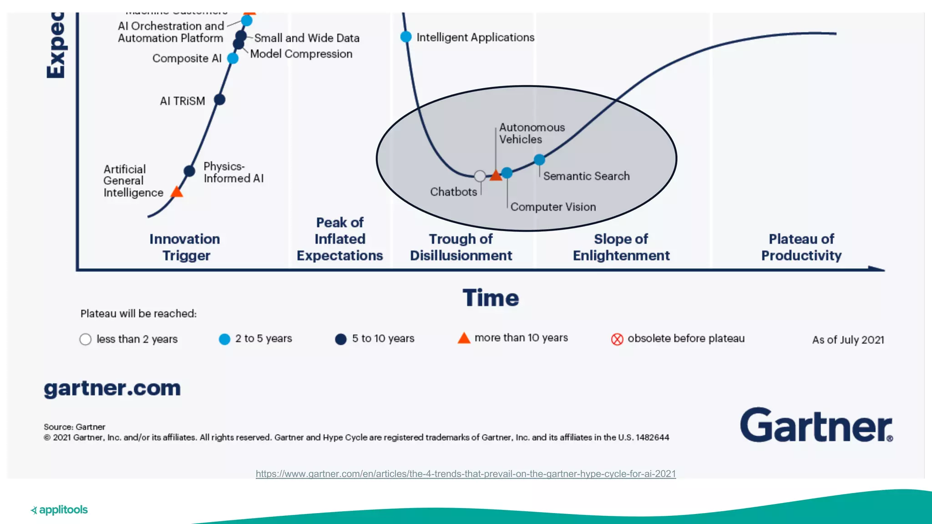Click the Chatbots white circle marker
pos(480,176)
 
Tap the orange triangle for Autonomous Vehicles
pos(496,176)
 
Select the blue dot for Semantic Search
pos(539,160)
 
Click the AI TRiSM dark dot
pos(219,100)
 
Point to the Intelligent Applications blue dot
pos(406,37)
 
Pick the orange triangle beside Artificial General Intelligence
pos(177,192)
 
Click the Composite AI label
pos(187,59)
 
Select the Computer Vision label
pos(553,207)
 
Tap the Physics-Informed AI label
pos(233,172)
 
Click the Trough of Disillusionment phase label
pos(461,247)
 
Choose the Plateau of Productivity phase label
pos(801,247)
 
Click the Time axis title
pos(491,298)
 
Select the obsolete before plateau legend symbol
pos(617,339)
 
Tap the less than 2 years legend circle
pos(86,339)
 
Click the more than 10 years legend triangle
pos(464,338)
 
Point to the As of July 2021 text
pos(848,340)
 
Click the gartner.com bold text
pos(112,388)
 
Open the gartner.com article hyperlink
pos(466,474)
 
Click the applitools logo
pos(59,510)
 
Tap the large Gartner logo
pos(816,425)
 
